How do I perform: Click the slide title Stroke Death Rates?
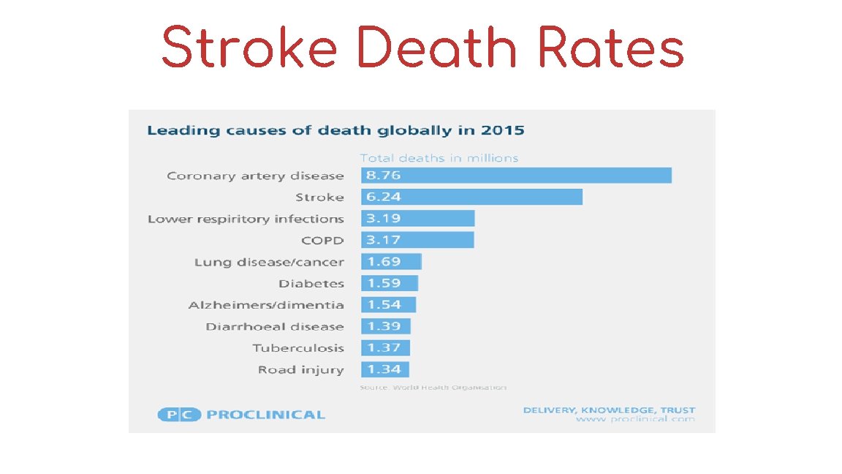coord(422,48)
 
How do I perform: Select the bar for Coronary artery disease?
coord(516,176)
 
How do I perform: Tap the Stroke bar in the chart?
coord(471,197)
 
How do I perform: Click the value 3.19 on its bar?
coord(384,219)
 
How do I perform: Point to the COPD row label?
coord(322,240)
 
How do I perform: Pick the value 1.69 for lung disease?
coord(384,262)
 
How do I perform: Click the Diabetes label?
coord(311,283)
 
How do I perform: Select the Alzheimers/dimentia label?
coord(266,305)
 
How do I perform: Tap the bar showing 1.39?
coord(386,326)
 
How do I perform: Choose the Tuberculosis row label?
coord(298,348)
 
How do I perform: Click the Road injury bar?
coord(385,369)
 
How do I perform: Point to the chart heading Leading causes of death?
coord(335,131)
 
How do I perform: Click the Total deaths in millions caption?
coord(439,158)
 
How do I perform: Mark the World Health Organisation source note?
coord(433,387)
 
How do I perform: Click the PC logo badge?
coord(179,415)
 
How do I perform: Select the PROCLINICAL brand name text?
coord(265,415)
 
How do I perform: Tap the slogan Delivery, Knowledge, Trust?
coord(609,410)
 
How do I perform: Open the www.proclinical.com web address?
coord(634,420)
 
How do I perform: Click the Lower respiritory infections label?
coord(246,219)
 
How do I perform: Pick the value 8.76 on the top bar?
coord(384,176)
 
